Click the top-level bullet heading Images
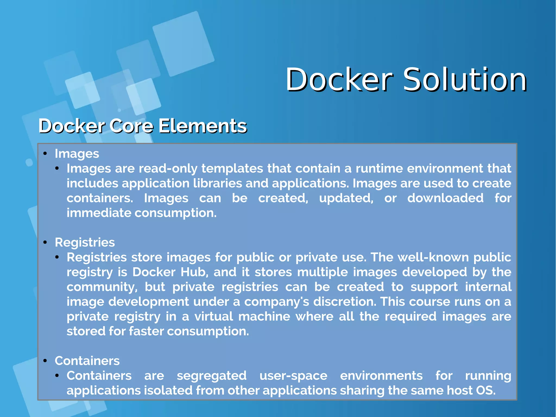pyautogui.click(x=77, y=154)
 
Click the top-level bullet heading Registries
pyautogui.click(x=85, y=242)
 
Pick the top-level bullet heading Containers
pyautogui.click(x=87, y=361)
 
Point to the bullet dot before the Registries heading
pyautogui.click(x=45, y=242)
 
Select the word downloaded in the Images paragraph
pyautogui.click(x=445, y=198)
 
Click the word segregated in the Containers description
pyautogui.click(x=211, y=376)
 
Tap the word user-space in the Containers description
pyautogui.click(x=293, y=376)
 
